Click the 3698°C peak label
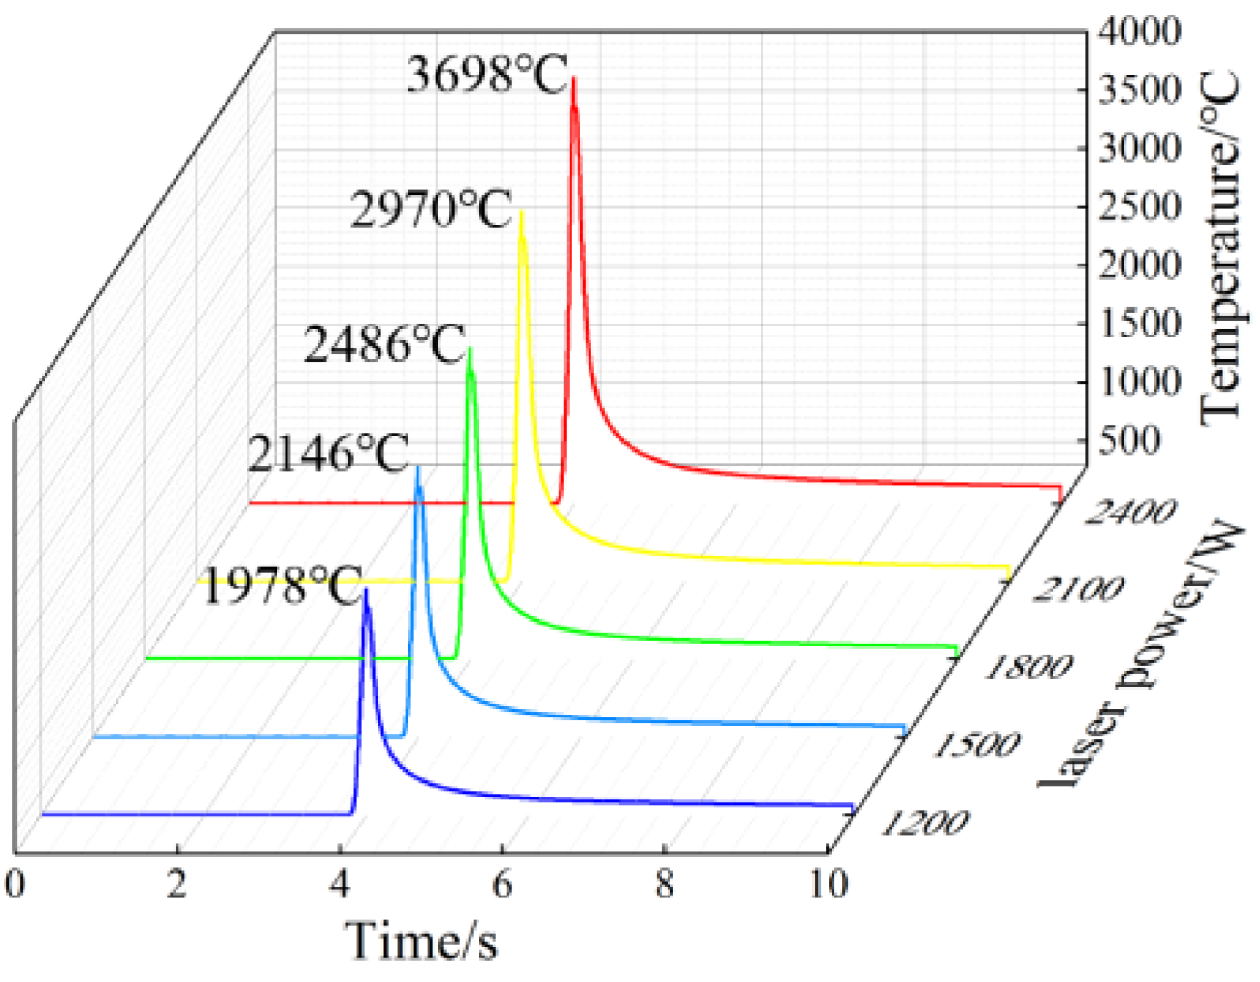pos(487,75)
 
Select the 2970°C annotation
pos(431,210)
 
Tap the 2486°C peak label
pos(384,346)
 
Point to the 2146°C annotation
pos(328,454)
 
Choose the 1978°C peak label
pos(281,586)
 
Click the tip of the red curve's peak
pos(573,79)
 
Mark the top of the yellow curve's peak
pos(521,213)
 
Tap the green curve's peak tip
pos(469,348)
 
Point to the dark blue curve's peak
pos(366,591)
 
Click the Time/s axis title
pos(421,940)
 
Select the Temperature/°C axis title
pos(1220,247)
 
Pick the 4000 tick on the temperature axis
pos(1139,31)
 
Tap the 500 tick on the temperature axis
pos(1128,440)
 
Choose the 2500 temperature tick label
pos(1139,206)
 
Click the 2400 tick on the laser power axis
pos(1131,512)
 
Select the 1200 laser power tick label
pos(923,822)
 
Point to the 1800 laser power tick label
pos(1028,667)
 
